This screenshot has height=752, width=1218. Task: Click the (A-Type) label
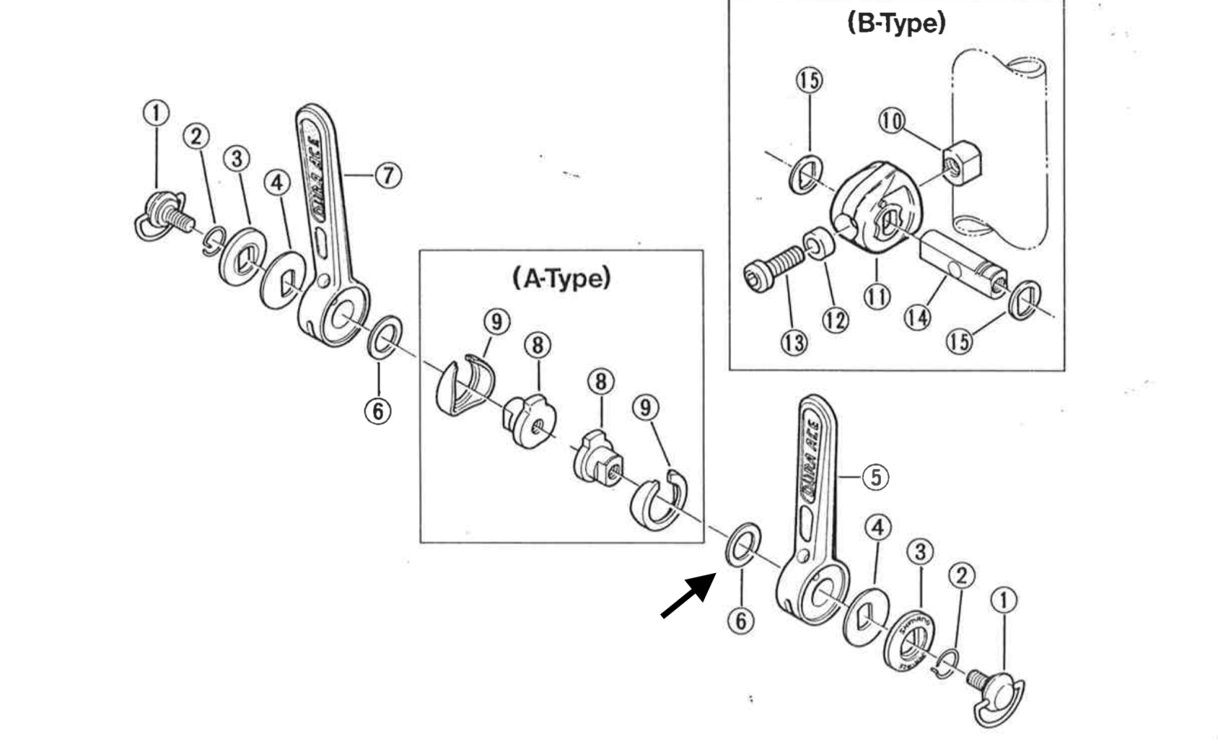(x=562, y=279)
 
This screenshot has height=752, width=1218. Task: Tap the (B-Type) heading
(x=896, y=23)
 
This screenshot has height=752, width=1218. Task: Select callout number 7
(x=388, y=175)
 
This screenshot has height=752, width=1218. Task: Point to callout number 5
(x=875, y=477)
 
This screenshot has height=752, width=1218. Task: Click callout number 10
(x=891, y=120)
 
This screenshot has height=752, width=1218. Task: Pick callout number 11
(x=877, y=295)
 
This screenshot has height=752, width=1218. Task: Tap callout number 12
(x=835, y=320)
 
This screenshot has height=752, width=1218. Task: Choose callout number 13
(x=793, y=343)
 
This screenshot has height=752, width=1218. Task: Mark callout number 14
(x=917, y=316)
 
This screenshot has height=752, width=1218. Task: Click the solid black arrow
(x=687, y=596)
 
